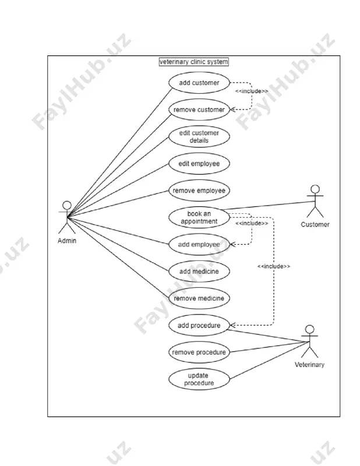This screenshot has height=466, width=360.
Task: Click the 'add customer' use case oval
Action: click(199, 83)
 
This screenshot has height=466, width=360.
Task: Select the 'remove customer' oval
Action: click(199, 110)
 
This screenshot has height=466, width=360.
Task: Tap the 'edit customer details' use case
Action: click(199, 137)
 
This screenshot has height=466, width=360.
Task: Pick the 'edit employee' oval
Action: click(199, 164)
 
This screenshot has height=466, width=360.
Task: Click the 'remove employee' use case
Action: click(199, 190)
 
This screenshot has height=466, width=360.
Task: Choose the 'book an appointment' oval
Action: click(199, 217)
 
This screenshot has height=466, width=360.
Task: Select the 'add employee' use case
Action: click(199, 245)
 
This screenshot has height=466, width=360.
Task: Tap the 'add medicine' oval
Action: click(199, 271)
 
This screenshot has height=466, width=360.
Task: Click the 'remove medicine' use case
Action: click(199, 298)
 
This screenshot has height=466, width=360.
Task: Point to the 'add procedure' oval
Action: click(199, 326)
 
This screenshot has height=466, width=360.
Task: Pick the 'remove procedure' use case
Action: click(199, 352)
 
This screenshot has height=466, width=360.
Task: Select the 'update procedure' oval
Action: click(199, 379)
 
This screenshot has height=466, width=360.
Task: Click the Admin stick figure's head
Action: click(67, 206)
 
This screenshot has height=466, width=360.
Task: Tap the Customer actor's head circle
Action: click(315, 189)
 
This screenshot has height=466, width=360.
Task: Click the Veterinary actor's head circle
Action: click(310, 329)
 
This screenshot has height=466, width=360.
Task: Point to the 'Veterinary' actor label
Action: click(309, 365)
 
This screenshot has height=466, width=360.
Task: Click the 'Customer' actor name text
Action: click(315, 224)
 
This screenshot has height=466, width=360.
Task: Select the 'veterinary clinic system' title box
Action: click(194, 62)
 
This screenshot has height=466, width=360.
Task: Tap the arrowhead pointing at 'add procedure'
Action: click(232, 325)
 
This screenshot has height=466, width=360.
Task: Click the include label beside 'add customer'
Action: click(252, 91)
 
